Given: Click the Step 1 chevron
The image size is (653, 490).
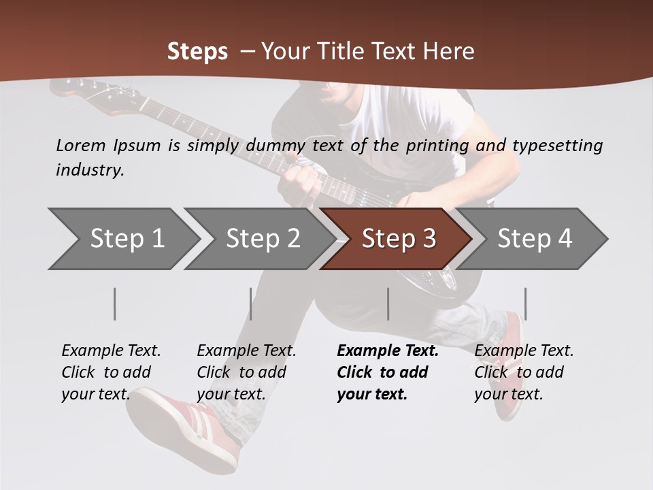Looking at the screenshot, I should [x=127, y=239].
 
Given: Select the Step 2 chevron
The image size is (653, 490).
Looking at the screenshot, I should [x=263, y=239].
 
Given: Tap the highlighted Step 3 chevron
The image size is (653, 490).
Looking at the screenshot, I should [x=398, y=239].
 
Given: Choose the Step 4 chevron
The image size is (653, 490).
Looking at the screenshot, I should [x=534, y=239].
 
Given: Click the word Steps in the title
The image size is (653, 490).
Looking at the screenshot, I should [x=197, y=52].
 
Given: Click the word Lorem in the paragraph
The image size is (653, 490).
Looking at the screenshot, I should [x=81, y=145].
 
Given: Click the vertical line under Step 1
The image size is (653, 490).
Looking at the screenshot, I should [x=115, y=304].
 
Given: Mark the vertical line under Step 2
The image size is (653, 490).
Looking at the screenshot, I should [x=251, y=304].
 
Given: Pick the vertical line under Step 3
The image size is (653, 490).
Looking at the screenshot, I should [x=388, y=304].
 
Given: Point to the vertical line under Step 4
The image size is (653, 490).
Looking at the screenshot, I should [x=525, y=304].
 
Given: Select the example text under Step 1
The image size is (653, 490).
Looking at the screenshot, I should [x=111, y=372].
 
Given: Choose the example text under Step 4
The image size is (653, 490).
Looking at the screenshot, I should [x=524, y=372].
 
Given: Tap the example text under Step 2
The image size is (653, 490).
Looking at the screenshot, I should [x=246, y=372].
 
